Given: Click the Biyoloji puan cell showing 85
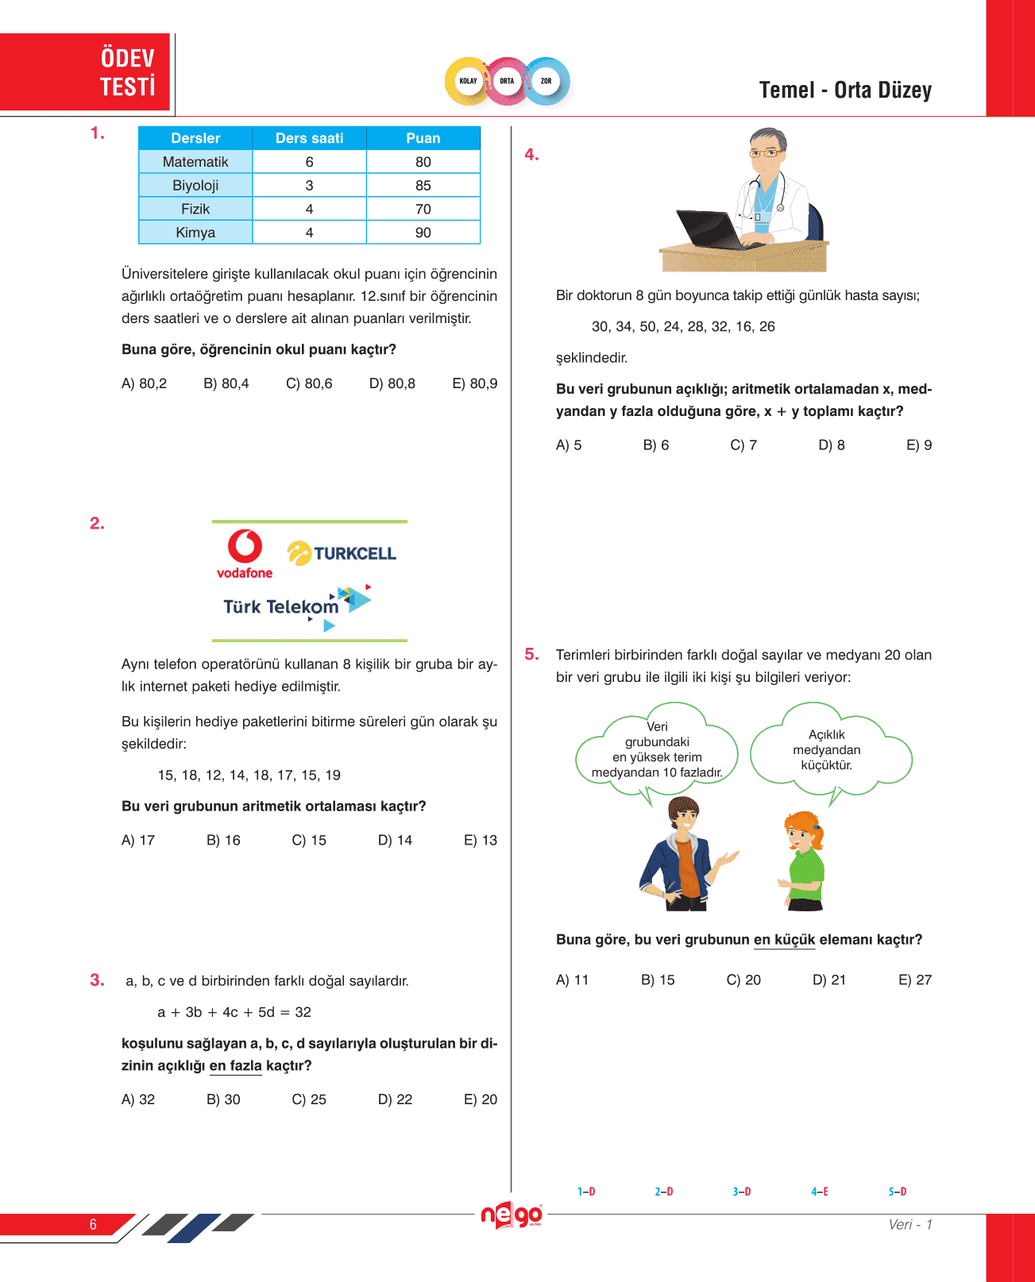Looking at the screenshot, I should pos(423,185).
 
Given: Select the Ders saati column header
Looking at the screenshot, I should pos(309,138).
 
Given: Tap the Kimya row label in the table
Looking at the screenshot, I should pos(195,233).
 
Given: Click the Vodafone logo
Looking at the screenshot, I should pos(245,554).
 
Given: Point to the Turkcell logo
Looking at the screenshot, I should pos(342,553).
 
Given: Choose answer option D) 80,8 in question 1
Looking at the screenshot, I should pos(392,383).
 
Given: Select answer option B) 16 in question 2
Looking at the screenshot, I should pos(223,840).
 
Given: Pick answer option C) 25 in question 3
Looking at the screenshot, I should pos(309,1099).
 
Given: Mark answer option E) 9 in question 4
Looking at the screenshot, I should pos(919,445).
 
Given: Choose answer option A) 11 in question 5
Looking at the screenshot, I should pos(572,980).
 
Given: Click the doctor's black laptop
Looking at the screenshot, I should pos(715,230).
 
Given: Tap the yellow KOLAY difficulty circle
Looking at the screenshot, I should pos(468,81).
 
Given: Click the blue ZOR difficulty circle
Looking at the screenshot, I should pos(546,81).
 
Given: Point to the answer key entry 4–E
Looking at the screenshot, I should pos(820,1192).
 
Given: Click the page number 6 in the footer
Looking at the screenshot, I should pos(93,1224).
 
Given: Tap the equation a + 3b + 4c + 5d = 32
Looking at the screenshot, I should pos(234,1012).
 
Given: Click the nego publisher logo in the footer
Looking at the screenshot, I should pos(512,1215).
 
